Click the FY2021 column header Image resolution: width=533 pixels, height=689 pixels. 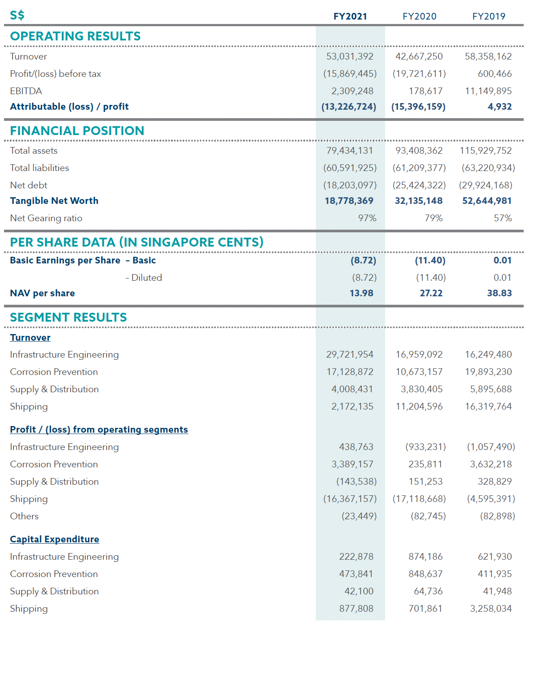[350, 16]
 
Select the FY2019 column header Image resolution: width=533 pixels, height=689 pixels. [488, 16]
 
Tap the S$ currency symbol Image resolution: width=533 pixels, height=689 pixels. [17, 15]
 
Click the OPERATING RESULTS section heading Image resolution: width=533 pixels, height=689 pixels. [75, 36]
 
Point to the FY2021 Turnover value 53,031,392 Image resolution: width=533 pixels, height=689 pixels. [350, 56]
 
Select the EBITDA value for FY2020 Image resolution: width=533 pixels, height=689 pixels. [425, 91]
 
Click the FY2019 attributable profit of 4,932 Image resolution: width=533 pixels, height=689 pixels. [499, 107]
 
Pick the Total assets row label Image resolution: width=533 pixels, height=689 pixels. [34, 151]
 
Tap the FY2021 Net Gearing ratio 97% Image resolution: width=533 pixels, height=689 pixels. [367, 218]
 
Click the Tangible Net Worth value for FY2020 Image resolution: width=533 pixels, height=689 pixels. [418, 201]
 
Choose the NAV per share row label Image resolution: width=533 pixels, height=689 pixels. [43, 293]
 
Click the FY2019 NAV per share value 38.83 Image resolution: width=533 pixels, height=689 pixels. [499, 293]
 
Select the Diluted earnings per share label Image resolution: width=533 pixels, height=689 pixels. [143, 278]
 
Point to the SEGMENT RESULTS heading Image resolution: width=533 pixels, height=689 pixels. [68, 317]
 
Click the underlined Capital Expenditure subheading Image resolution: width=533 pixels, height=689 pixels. [55, 539]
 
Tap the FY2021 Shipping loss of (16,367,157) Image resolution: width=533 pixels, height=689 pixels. [350, 499]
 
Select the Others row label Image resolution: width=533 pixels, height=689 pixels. [24, 516]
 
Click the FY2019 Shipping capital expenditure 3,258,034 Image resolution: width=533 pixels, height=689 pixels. [490, 609]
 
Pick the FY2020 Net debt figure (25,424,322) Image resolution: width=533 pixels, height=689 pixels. [419, 185]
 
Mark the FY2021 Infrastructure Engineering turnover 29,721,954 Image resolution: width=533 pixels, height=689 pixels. [350, 354]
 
